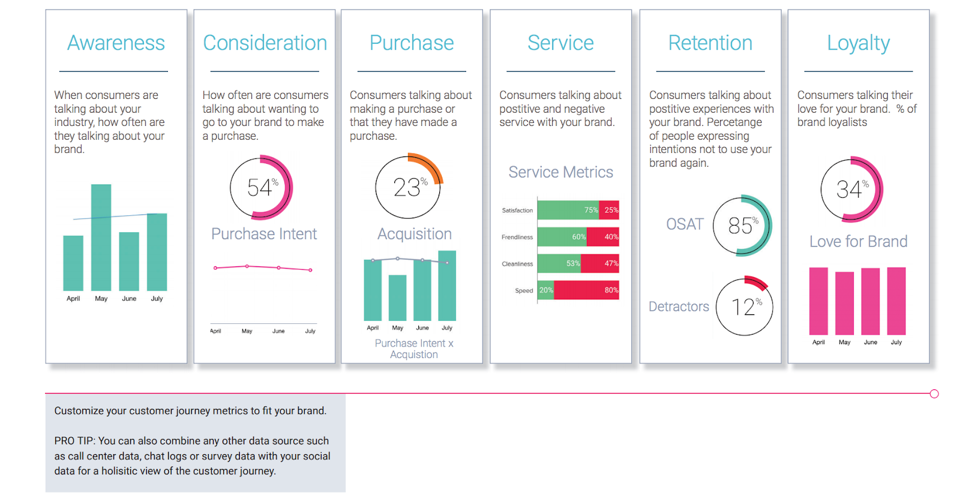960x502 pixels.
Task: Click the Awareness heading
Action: tap(116, 43)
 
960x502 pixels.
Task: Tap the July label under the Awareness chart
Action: tap(157, 299)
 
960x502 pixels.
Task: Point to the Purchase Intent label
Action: tap(263, 234)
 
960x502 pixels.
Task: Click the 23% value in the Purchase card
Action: tap(408, 187)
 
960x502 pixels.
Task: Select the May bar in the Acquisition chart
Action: tap(397, 297)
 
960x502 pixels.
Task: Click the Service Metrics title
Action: tap(560, 172)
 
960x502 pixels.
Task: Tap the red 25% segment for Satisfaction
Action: tap(609, 210)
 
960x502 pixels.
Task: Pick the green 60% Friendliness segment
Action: tap(562, 237)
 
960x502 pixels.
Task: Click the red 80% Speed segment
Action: tap(586, 290)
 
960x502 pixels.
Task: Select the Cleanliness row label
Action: tap(517, 264)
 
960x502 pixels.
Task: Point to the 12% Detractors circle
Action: tap(745, 306)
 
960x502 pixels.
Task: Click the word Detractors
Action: tap(679, 306)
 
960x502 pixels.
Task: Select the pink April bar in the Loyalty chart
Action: tap(818, 301)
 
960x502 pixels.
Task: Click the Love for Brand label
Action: tap(858, 242)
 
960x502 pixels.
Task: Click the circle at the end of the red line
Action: tap(934, 394)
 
